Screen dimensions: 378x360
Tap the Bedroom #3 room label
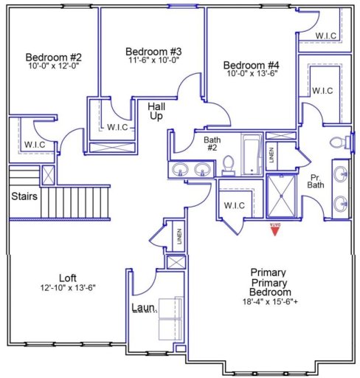click(153, 51)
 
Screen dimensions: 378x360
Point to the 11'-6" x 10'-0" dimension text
click(153, 61)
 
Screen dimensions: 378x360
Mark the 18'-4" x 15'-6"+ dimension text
click(273, 302)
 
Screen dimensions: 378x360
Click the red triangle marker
click(274, 230)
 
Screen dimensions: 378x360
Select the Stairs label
click(24, 196)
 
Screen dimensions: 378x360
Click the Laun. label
click(143, 307)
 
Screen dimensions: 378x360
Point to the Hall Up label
click(156, 111)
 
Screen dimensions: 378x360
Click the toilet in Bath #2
click(228, 164)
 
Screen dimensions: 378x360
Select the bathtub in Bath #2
click(251, 156)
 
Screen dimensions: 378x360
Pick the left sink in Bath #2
click(181, 170)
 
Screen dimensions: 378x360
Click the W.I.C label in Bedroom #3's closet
click(117, 127)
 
